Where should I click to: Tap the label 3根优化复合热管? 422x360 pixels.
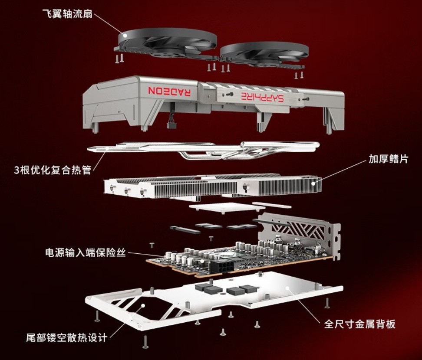[53, 170]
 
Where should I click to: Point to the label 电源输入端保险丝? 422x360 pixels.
[86, 253]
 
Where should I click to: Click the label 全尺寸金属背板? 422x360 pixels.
[360, 324]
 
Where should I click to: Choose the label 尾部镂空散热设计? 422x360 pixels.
[67, 337]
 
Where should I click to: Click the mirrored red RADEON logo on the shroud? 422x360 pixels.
[169, 91]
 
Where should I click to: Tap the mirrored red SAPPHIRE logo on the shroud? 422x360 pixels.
[262, 97]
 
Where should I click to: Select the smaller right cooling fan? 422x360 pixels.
[264, 55]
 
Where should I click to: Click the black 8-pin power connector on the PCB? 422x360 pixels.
[223, 266]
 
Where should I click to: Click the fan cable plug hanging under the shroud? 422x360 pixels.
[171, 125]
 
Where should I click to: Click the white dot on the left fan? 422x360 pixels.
[125, 35]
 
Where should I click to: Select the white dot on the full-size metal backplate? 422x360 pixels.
[287, 288]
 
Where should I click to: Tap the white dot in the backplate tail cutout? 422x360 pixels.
[143, 306]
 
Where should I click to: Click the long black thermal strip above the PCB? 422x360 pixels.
[185, 230]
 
